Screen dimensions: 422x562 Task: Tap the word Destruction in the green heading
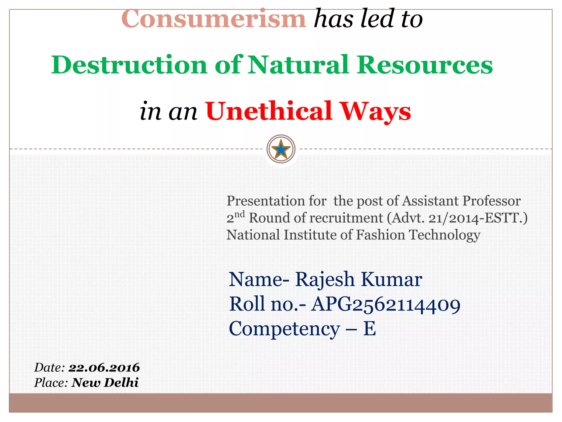pyautogui.click(x=129, y=65)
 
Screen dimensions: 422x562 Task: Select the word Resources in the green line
pyautogui.click(x=425, y=65)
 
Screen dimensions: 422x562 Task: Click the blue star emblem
pyautogui.click(x=281, y=149)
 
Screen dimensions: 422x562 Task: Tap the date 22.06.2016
pyautogui.click(x=104, y=368)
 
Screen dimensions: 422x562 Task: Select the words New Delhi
pyautogui.click(x=105, y=383)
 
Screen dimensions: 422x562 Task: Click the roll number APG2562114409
pyautogui.click(x=386, y=304)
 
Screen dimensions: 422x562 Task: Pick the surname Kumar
pyautogui.click(x=391, y=279)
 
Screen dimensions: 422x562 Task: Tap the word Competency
pyautogui.click(x=284, y=329)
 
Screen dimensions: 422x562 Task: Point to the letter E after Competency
pyautogui.click(x=369, y=329)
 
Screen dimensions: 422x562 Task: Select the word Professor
pyautogui.click(x=491, y=201)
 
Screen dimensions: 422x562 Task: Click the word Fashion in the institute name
pyautogui.click(x=380, y=235)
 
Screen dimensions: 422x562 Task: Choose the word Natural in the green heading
pyautogui.click(x=298, y=65)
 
